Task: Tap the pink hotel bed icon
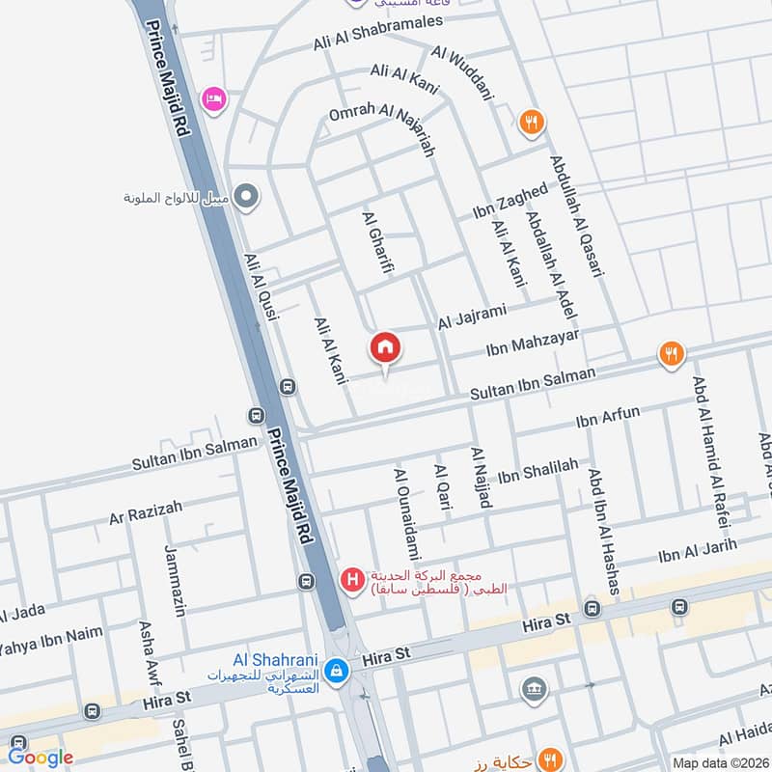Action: [x=213, y=99]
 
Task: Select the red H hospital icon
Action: [x=353, y=580]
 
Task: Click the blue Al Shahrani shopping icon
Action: [x=336, y=668]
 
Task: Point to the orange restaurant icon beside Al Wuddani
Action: [x=530, y=123]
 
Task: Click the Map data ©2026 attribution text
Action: [x=719, y=762]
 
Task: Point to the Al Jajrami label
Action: [x=472, y=316]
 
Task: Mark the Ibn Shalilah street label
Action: [x=537, y=471]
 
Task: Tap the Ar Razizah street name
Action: [x=146, y=510]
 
